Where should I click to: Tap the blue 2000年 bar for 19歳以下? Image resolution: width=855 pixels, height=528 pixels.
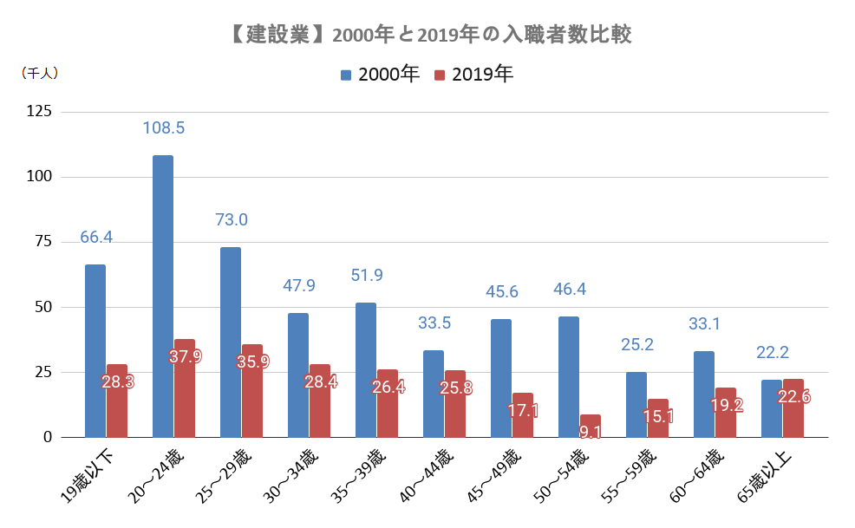pos(95,351)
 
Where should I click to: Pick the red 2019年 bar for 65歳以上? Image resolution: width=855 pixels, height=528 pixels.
pos(793,408)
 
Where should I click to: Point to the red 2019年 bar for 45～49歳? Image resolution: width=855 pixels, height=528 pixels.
pos(523,415)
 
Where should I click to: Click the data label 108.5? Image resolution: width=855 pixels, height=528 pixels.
pos(164,127)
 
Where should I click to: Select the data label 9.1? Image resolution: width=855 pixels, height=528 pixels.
pos(591,431)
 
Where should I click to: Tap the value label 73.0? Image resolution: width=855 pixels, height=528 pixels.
pos(232,219)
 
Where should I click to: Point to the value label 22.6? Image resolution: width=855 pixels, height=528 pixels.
pos(794,397)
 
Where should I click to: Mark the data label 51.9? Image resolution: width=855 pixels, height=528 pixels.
pos(367,276)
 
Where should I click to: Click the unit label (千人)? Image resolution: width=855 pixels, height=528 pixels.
pos(39,74)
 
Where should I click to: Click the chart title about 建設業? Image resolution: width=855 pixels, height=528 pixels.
pos(427,36)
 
